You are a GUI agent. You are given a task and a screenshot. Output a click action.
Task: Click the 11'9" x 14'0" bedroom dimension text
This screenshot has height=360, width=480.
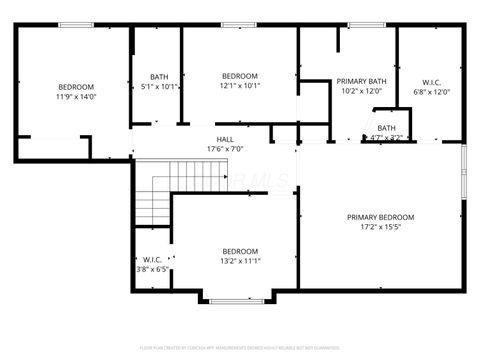[75, 97]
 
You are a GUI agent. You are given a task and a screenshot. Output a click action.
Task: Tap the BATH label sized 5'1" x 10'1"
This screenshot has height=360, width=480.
[159, 77]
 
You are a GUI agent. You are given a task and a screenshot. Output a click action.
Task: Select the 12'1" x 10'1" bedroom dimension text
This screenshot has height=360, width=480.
[240, 86]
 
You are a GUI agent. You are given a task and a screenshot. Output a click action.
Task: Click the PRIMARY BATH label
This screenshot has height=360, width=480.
[362, 81]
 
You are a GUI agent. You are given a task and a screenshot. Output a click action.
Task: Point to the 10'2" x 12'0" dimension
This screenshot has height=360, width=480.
[362, 91]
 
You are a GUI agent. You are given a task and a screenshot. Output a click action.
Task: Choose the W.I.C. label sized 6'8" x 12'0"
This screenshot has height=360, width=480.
[432, 81]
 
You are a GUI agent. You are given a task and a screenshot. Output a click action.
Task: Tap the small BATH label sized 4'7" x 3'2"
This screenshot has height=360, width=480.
[386, 128]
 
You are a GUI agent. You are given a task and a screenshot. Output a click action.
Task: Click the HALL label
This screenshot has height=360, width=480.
[227, 139]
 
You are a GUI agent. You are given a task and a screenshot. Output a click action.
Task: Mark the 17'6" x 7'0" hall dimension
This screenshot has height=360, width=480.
[227, 149]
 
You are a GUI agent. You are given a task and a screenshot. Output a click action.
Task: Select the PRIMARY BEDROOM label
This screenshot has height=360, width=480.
[380, 217]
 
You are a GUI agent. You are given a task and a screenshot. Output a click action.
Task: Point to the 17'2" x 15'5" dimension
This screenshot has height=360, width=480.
[380, 227]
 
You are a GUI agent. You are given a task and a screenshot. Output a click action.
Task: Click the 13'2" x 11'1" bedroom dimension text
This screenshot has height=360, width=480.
[240, 261]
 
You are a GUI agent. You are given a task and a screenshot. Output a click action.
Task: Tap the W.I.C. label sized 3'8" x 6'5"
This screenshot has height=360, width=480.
[153, 259]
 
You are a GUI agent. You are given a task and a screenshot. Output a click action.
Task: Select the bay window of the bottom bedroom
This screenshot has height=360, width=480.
[237, 300]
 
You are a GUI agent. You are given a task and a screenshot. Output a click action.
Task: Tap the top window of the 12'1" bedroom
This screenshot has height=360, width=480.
[237, 24]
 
